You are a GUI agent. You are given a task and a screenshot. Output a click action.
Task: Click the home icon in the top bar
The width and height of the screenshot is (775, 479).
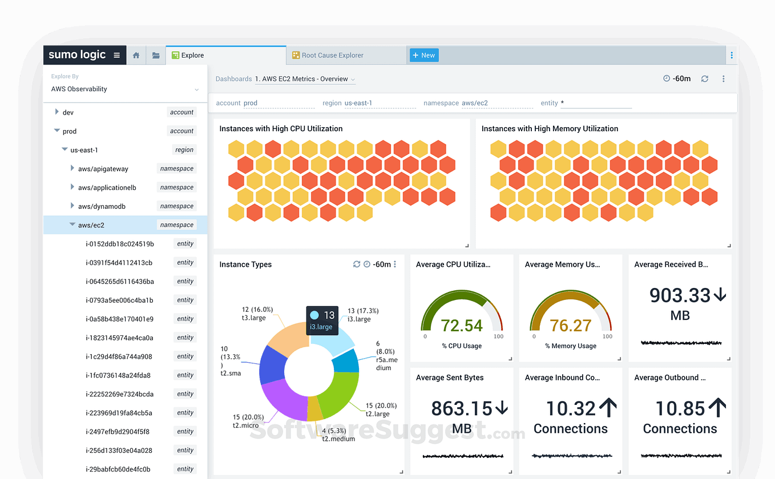136,55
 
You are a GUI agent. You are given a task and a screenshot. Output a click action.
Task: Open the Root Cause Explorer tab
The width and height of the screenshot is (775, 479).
332,55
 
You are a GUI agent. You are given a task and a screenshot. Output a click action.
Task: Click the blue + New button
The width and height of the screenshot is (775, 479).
424,55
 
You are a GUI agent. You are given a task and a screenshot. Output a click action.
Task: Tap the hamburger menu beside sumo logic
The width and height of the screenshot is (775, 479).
116,55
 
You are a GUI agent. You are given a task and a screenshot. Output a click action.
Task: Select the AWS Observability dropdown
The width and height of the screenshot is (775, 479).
124,89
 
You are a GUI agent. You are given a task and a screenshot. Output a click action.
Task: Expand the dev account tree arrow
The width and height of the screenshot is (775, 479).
56,112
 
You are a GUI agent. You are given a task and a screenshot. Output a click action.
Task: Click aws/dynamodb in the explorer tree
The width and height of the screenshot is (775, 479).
102,206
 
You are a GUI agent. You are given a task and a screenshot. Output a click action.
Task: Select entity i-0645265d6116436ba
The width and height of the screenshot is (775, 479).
119,281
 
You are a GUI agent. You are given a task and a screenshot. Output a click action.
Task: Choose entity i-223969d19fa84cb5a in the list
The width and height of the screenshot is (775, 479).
119,413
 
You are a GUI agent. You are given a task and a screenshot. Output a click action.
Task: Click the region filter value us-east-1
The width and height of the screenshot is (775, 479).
358,103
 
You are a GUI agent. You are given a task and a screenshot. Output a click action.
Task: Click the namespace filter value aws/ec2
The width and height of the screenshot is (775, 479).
475,103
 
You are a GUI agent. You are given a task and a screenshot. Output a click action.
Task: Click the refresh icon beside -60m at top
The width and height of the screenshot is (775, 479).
705,79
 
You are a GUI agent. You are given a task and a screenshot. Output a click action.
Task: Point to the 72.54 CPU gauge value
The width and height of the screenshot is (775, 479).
462,326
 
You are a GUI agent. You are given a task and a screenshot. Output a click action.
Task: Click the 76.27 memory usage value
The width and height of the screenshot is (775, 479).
570,326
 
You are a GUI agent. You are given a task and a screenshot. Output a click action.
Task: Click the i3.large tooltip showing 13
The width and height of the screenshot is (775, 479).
322,320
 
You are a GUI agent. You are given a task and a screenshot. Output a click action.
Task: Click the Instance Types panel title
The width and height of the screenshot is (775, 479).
245,265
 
